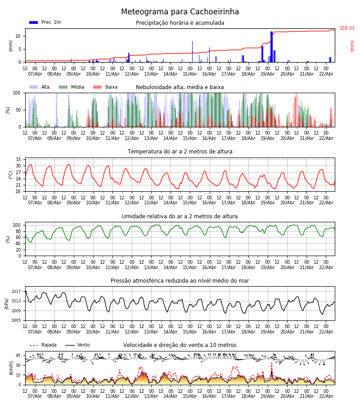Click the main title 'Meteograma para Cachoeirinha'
tap(180, 12)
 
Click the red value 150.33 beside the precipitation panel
tap(347, 28)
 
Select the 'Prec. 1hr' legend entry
tap(45, 22)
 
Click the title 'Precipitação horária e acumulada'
tap(180, 23)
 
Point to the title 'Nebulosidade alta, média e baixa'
tap(180, 87)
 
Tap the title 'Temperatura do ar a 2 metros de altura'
tap(180, 152)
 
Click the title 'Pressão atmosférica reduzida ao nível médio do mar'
tap(180, 281)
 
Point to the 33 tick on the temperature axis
tap(18, 159)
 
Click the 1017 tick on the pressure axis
tap(16, 292)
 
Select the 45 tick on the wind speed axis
tap(18, 355)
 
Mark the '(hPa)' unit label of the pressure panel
tap(7, 303)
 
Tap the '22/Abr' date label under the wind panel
tap(326, 396)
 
